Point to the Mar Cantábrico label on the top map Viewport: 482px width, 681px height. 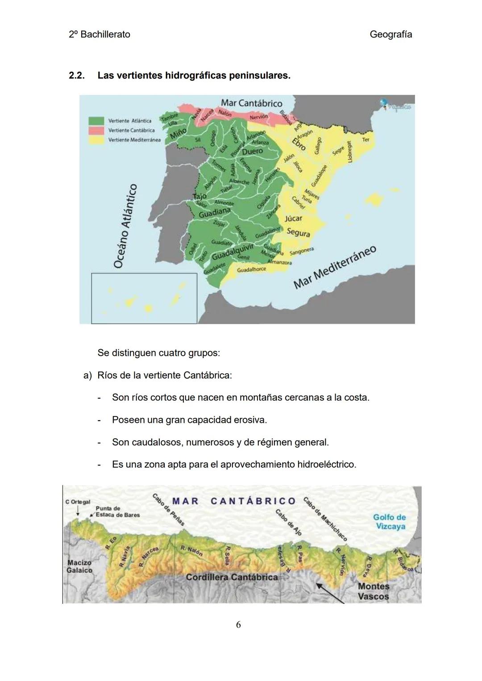tap(251, 103)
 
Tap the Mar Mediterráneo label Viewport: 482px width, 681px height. tap(335, 267)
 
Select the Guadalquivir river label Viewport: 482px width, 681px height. tap(232, 252)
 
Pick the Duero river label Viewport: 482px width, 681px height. tap(252, 151)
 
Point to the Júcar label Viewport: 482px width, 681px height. tap(293, 219)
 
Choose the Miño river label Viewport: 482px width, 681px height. tap(178, 132)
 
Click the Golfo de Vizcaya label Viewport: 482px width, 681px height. tap(389, 521)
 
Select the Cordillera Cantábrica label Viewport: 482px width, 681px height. tap(232, 577)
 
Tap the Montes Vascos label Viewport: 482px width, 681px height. tap(373, 591)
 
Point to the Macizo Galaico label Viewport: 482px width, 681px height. tap(79, 566)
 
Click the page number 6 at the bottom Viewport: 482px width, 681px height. tap(238, 625)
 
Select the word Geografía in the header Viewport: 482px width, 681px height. tap(391, 34)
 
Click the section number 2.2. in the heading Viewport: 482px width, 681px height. tap(76, 75)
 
